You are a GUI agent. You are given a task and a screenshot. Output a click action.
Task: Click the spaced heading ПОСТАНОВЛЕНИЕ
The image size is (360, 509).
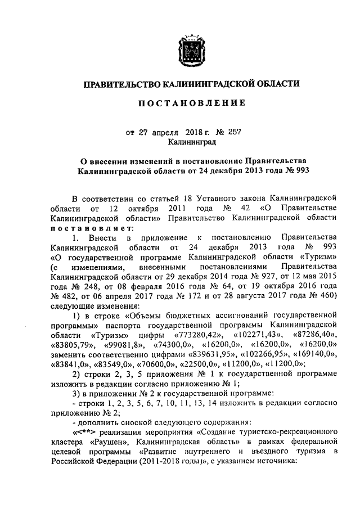click(x=191, y=103)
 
